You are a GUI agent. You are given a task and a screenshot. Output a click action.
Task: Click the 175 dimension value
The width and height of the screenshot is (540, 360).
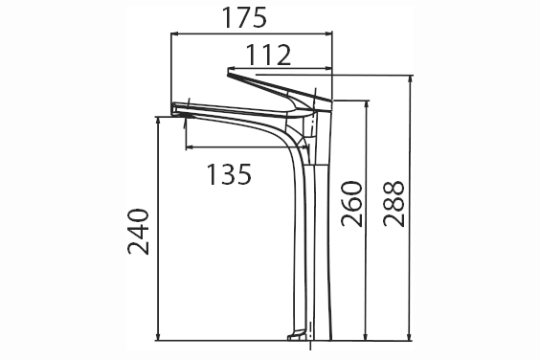244,17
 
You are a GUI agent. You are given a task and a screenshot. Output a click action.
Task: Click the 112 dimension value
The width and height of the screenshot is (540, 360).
269,55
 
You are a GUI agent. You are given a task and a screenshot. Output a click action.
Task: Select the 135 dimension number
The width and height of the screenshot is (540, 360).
229,174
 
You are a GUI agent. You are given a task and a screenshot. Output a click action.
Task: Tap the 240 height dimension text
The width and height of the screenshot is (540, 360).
139,232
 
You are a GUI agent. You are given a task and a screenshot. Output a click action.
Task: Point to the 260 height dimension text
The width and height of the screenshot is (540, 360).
352,204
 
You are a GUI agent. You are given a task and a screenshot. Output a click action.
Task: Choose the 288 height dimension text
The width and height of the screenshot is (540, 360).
394,204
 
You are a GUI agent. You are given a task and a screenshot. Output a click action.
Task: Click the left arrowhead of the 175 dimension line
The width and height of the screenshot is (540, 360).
175,34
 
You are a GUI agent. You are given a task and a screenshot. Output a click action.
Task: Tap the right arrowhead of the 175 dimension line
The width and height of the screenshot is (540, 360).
328,34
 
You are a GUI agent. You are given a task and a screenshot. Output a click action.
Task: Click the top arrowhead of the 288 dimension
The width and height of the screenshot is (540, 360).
410,79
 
